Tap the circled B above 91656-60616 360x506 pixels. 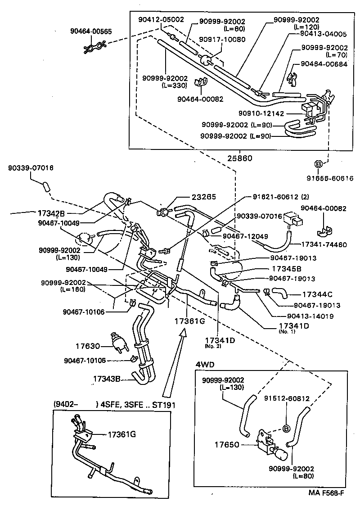click(x=318, y=164)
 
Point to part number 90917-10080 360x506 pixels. click(x=222, y=39)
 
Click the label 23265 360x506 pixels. click(x=204, y=197)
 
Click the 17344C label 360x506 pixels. click(x=317, y=294)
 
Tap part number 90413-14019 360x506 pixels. click(x=310, y=316)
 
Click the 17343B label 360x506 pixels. click(x=107, y=379)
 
